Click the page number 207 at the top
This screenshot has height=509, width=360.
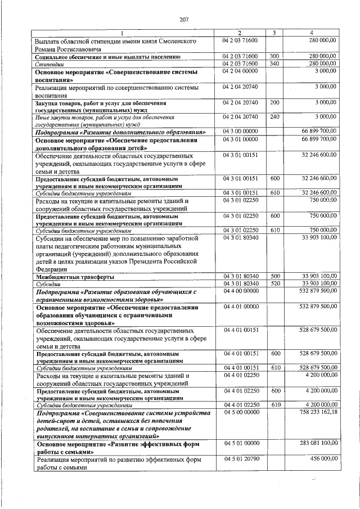[x=183, y=20]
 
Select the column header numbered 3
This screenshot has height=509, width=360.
[x=273, y=33]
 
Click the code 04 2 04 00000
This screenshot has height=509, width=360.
[x=240, y=71]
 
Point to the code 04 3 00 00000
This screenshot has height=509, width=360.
[x=240, y=131]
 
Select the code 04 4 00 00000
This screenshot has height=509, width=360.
[x=240, y=291]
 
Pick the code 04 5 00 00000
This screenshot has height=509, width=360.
[x=240, y=412]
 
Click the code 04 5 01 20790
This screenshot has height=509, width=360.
[x=240, y=460]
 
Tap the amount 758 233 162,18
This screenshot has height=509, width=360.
[x=318, y=412]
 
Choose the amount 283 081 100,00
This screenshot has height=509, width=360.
[x=318, y=444]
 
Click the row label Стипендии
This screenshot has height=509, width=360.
[x=49, y=65]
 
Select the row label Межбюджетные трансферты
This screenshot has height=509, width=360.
[x=74, y=277]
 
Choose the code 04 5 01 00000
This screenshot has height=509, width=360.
[x=240, y=444]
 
